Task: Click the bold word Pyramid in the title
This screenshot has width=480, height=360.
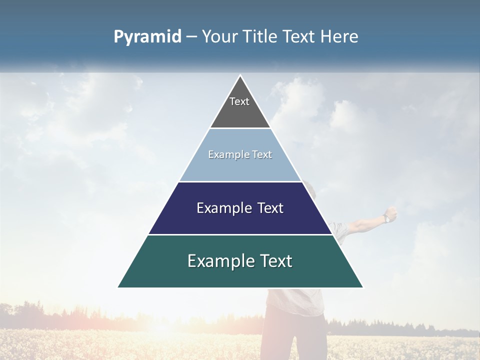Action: (x=147, y=37)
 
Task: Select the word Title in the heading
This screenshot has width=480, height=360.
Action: (x=260, y=36)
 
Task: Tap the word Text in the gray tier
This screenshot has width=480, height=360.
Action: (x=239, y=101)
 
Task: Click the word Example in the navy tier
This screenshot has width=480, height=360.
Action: (x=219, y=208)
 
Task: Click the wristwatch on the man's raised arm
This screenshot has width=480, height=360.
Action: (x=387, y=218)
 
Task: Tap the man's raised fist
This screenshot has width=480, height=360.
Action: (x=392, y=212)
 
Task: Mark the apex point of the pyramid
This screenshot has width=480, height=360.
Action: (x=240, y=75)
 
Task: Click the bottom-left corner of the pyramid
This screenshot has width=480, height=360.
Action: (x=118, y=287)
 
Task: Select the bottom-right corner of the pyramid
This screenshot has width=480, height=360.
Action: (x=363, y=287)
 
